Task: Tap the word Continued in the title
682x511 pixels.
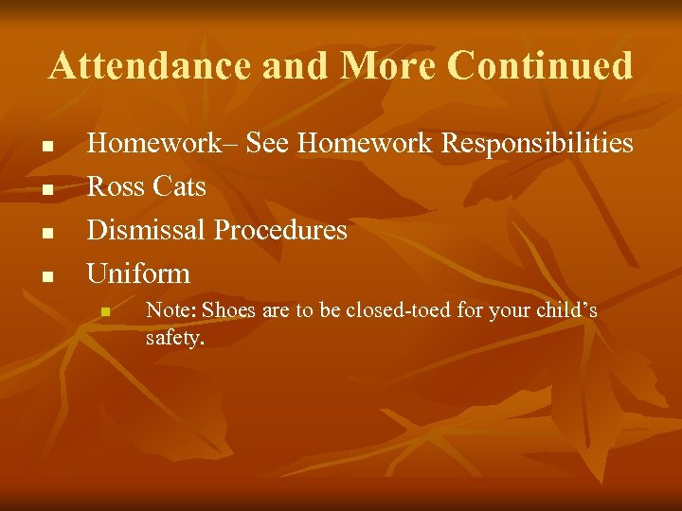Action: click(x=539, y=66)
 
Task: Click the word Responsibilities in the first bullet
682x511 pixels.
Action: click(x=538, y=144)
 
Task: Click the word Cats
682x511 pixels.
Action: click(x=178, y=187)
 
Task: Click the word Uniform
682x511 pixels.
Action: click(x=138, y=274)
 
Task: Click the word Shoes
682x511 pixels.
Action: click(x=227, y=310)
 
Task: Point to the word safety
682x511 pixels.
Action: click(x=174, y=337)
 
